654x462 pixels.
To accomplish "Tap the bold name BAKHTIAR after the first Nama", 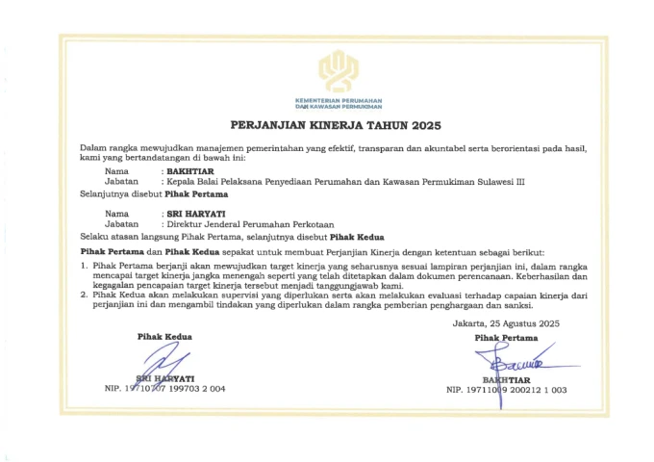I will pyautogui.click(x=190, y=171).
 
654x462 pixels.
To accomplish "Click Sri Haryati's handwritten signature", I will pyautogui.click(x=165, y=365).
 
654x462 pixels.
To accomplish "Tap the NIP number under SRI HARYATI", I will pyautogui.click(x=164, y=389).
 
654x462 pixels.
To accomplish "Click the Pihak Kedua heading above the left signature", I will pyautogui.click(x=163, y=336).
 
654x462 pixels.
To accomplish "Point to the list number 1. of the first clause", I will pyautogui.click(x=85, y=263).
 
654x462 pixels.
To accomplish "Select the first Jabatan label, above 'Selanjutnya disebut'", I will pyautogui.click(x=122, y=182).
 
